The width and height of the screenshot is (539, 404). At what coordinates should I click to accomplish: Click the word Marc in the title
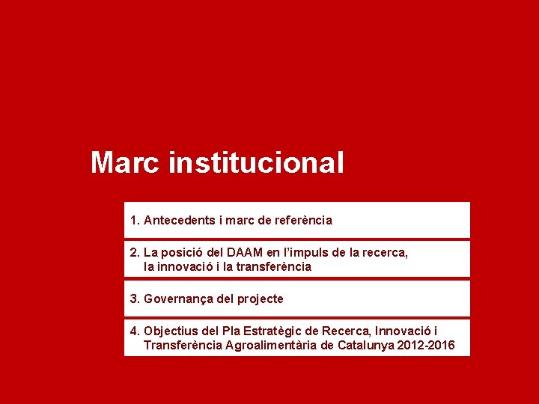(x=124, y=162)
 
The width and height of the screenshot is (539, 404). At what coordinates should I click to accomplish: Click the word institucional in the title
(x=257, y=162)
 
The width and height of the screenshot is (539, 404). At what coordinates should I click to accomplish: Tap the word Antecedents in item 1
(x=178, y=221)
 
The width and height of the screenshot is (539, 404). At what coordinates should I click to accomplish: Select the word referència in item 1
(x=304, y=221)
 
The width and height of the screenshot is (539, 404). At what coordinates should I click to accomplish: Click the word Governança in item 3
(x=177, y=299)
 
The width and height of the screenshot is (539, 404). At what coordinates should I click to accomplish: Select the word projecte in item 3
(x=260, y=299)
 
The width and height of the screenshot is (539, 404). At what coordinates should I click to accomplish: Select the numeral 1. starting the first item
(x=135, y=221)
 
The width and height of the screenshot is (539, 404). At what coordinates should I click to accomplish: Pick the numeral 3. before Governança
(x=135, y=299)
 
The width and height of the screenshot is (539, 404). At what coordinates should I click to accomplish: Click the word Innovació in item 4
(x=401, y=331)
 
